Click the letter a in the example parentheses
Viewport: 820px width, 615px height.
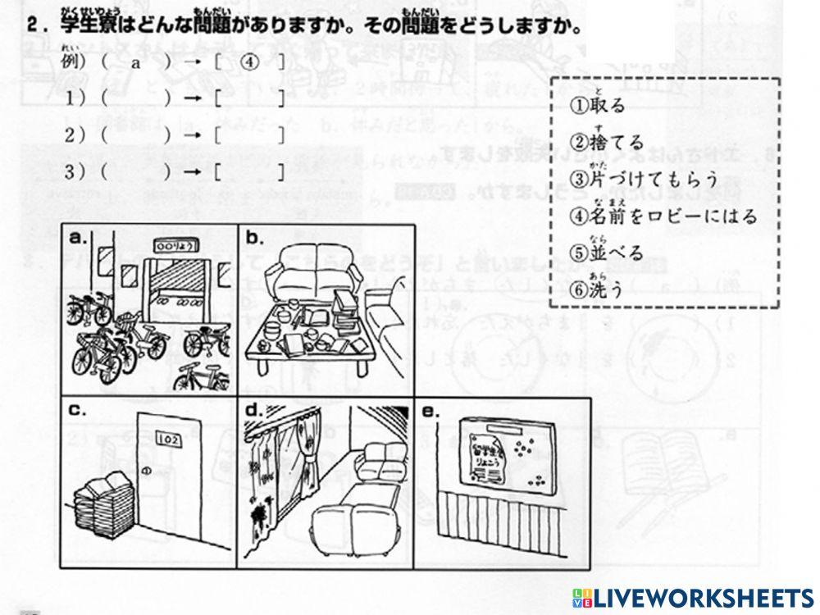click(136, 62)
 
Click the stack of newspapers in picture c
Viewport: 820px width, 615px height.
click(103, 504)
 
